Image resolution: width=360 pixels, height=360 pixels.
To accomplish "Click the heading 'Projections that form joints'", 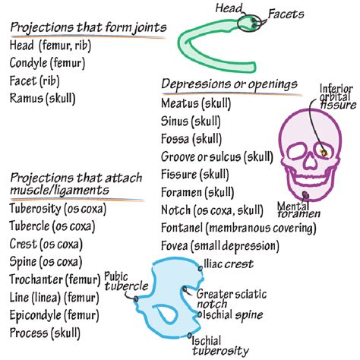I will (88, 29).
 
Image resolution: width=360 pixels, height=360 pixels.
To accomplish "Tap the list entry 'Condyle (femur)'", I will (47, 62).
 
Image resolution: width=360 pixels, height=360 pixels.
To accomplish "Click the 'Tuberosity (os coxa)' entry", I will (58, 209).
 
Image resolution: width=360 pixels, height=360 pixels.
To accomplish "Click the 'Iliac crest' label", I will (228, 264).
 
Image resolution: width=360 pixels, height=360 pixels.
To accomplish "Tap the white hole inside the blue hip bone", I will (166, 313).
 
